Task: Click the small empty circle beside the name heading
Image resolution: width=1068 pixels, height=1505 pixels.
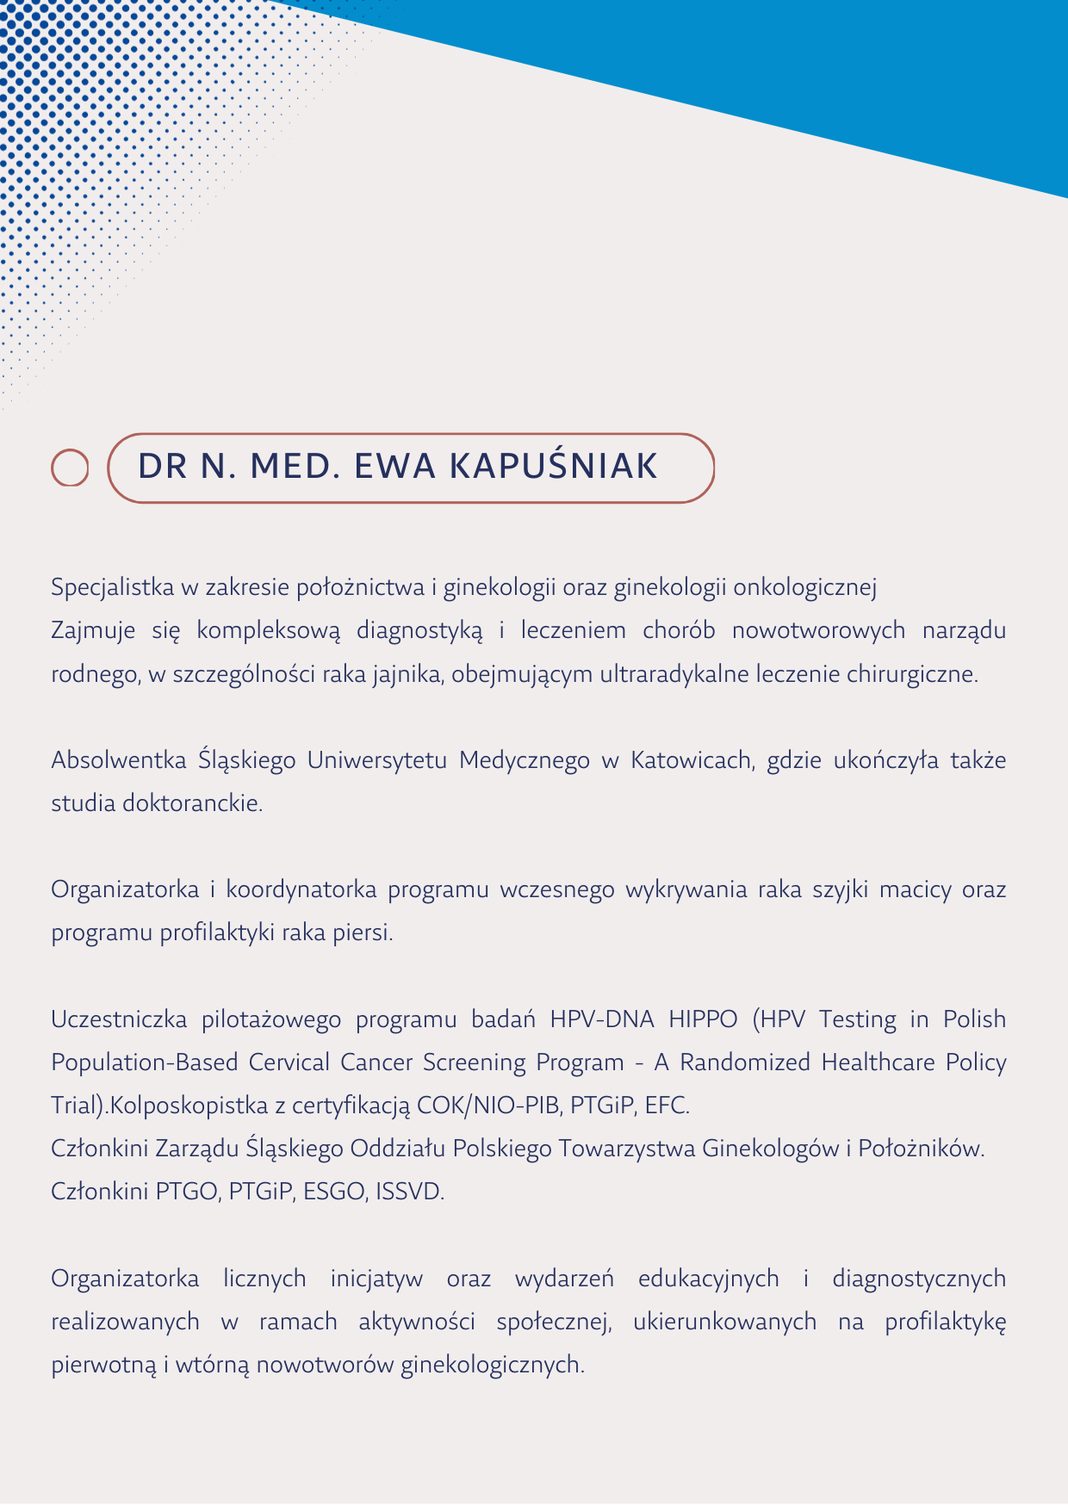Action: (70, 468)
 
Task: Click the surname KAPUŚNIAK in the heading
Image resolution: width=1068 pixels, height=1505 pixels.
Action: (554, 467)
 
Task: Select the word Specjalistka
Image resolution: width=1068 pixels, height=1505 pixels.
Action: (112, 588)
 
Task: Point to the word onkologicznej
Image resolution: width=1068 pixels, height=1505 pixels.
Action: (804, 588)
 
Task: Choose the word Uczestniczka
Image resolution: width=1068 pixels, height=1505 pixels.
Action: (119, 1019)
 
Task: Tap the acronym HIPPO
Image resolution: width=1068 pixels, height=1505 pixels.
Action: (703, 1019)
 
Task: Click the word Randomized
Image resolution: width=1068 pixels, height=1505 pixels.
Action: (745, 1062)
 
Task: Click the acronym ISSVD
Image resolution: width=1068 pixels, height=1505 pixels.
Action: (410, 1192)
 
